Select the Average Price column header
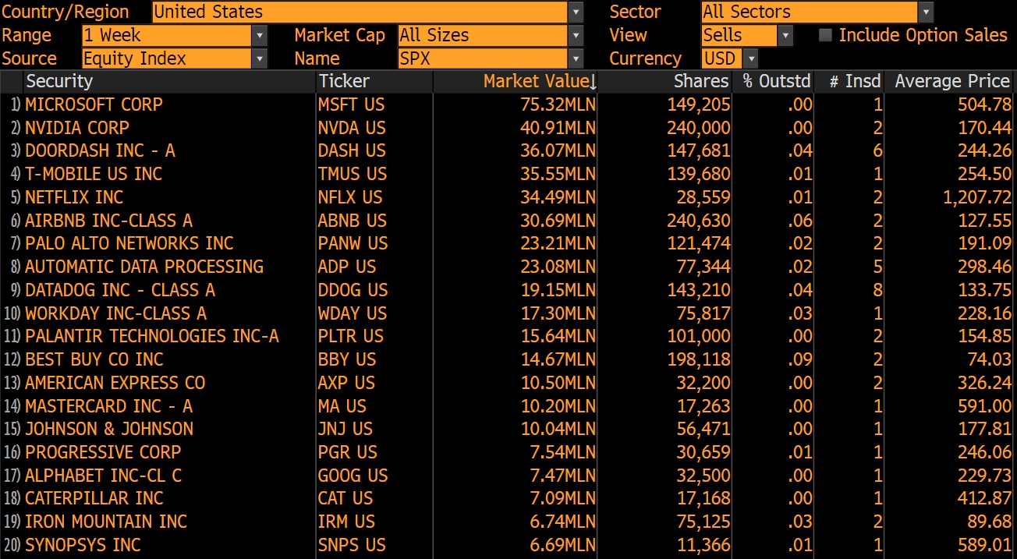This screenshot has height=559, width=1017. point(951,81)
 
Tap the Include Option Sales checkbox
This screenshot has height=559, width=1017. point(825,35)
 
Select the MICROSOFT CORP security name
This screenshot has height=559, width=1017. point(94,104)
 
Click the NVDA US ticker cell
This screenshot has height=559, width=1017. point(351,128)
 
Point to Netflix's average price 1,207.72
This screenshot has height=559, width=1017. point(976,197)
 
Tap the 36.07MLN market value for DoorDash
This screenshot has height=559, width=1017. point(558,150)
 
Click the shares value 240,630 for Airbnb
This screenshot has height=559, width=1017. point(699,221)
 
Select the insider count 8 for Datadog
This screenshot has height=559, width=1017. point(878,290)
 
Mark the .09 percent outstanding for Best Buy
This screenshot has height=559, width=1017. point(800,359)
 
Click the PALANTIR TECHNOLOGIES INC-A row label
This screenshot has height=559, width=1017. point(151,336)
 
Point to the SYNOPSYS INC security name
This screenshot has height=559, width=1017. point(83,545)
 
